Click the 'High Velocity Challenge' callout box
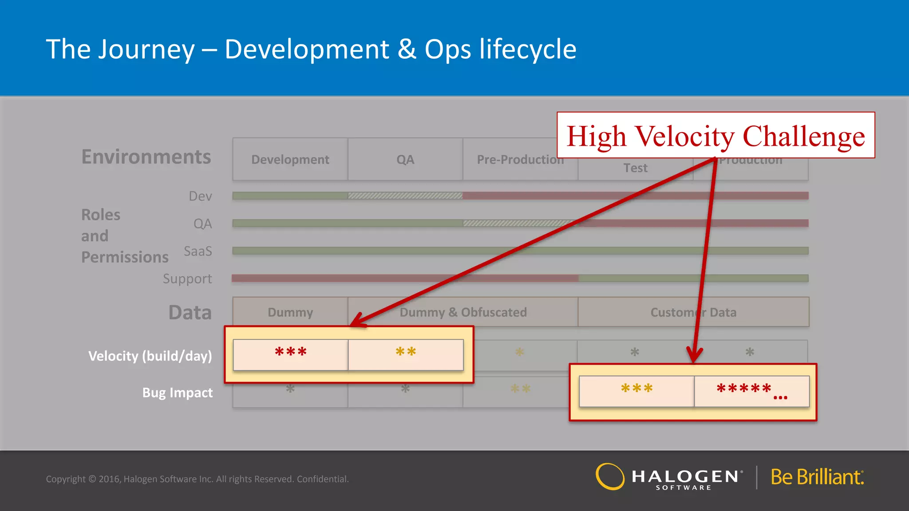pyautogui.click(x=715, y=135)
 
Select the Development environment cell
pyautogui.click(x=290, y=159)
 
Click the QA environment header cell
pyautogui.click(x=405, y=159)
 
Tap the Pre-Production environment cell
pyautogui.click(x=510, y=160)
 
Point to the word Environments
pyautogui.click(x=146, y=157)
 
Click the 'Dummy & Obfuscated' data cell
pyautogui.click(x=463, y=312)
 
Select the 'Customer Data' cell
pyautogui.click(x=693, y=312)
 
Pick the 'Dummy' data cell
pyautogui.click(x=290, y=312)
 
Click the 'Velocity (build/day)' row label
pyautogui.click(x=150, y=356)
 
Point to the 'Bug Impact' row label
pyautogui.click(x=177, y=393)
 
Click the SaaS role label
pyautogui.click(x=198, y=252)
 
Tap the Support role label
pyautogui.click(x=187, y=279)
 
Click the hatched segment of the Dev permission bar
pyautogui.click(x=405, y=196)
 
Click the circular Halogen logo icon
pyautogui.click(x=610, y=477)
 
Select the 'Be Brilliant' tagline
pyautogui.click(x=817, y=477)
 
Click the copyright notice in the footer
pyautogui.click(x=197, y=479)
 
